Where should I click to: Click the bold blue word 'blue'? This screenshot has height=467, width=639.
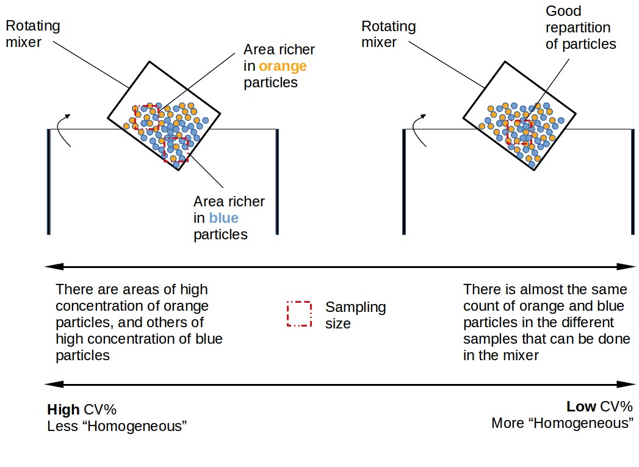[223, 218]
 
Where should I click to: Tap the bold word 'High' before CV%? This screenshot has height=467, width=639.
[63, 409]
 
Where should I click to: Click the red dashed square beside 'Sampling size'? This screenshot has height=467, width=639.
[299, 314]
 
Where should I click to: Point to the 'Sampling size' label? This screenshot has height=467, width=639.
[355, 314]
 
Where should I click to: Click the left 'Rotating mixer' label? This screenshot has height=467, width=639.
[32, 34]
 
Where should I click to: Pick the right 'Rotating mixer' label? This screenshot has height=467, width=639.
[388, 35]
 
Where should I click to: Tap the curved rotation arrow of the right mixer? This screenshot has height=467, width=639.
[419, 129]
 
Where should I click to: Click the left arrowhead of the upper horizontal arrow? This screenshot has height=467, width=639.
[50, 267]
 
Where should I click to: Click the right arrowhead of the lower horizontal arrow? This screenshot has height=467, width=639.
[629, 385]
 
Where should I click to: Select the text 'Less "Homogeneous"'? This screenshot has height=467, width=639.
[116, 426]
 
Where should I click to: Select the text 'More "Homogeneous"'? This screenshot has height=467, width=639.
[561, 423]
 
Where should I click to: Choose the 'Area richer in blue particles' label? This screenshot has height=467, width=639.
[229, 218]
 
